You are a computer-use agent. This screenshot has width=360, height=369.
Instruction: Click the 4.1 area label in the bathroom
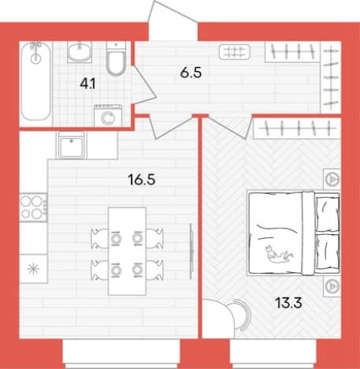pyautogui.click(x=87, y=84)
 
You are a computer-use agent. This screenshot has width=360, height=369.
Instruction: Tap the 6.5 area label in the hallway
pyautogui.click(x=191, y=73)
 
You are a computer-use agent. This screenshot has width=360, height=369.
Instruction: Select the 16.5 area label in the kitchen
pyautogui.click(x=142, y=180)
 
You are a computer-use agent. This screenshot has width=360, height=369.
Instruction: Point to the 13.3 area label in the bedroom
pyautogui.click(x=288, y=303)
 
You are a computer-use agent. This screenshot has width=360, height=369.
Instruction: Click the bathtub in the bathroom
pyautogui.click(x=35, y=82)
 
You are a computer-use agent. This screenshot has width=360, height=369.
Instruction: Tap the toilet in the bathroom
pyautogui.click(x=116, y=59)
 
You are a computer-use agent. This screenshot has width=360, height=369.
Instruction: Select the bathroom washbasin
pyautogui.click(x=80, y=52)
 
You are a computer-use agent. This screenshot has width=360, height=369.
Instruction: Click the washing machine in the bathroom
pyautogui.click(x=108, y=116)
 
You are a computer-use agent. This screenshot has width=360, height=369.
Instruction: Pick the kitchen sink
pyautogui.click(x=72, y=145)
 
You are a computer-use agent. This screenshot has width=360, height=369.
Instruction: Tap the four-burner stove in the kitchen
pyautogui.click(x=33, y=208)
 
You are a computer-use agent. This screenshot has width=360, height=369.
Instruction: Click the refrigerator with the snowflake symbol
pyautogui.click(x=33, y=269)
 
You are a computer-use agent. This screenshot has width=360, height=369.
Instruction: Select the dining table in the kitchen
pyautogui.click(x=127, y=252)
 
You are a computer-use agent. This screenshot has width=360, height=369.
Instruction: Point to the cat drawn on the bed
pyautogui.click(x=278, y=255)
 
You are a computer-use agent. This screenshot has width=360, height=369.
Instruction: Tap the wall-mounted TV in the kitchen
pyautogui.click(x=192, y=251)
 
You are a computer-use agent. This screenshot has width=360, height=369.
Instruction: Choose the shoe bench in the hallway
pyautogui.click(x=234, y=52)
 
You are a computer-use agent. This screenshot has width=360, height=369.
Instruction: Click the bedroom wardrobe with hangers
pyautogui.click(x=297, y=129)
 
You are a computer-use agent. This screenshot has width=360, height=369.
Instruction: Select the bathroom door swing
pyautogui.click(x=144, y=84)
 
